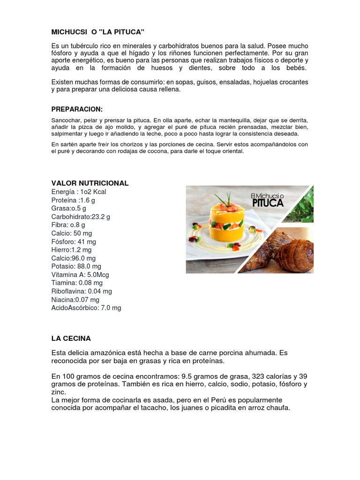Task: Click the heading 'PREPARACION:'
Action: pyautogui.click(x=77, y=109)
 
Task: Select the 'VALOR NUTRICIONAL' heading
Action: pyautogui.click(x=90, y=183)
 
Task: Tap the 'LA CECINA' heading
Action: pyautogui.click(x=71, y=338)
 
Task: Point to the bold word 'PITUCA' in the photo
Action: pyautogui.click(x=268, y=202)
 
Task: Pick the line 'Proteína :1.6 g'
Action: pyautogui.click(x=73, y=200)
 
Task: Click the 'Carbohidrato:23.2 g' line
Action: pyautogui.click(x=81, y=217)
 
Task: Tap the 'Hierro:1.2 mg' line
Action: pyautogui.click(x=72, y=250)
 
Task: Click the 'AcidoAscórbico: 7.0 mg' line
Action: pyautogui.click(x=86, y=307)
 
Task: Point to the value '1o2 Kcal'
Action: pyautogui.click(x=92, y=192)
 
